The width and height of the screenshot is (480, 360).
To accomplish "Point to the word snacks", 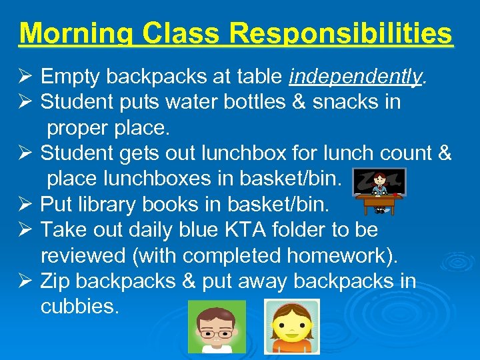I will (x=345, y=102).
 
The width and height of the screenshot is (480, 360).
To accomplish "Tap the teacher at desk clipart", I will (x=379, y=190).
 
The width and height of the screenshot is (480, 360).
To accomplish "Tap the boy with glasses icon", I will (x=217, y=326).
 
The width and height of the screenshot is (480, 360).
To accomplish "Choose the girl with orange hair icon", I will (x=292, y=326).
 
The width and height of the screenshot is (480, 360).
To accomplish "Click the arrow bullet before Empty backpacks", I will (x=25, y=78).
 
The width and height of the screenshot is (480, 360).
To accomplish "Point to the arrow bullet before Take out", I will (x=25, y=230).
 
